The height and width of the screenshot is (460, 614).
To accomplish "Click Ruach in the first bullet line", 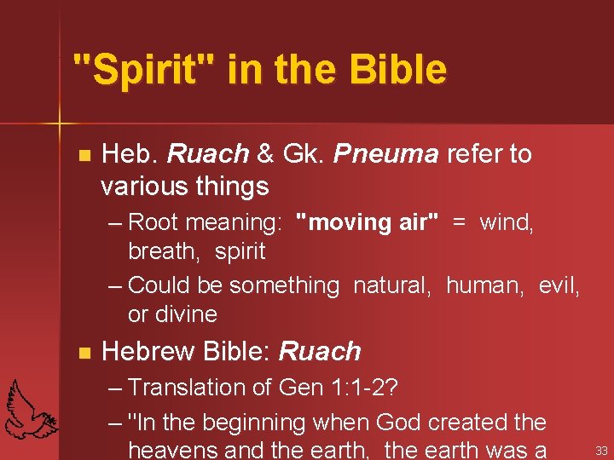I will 208,154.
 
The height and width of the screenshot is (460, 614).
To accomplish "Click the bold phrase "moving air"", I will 367,222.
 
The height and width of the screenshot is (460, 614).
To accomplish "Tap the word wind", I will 507,222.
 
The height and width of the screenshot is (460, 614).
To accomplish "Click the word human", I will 487,285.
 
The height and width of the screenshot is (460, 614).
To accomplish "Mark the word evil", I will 559,285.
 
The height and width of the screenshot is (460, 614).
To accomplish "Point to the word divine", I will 172,314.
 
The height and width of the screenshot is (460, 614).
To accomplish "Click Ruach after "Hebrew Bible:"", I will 320,351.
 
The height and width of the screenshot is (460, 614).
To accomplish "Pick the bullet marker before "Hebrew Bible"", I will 83,352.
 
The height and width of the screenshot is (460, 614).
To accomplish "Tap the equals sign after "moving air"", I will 459,222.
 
